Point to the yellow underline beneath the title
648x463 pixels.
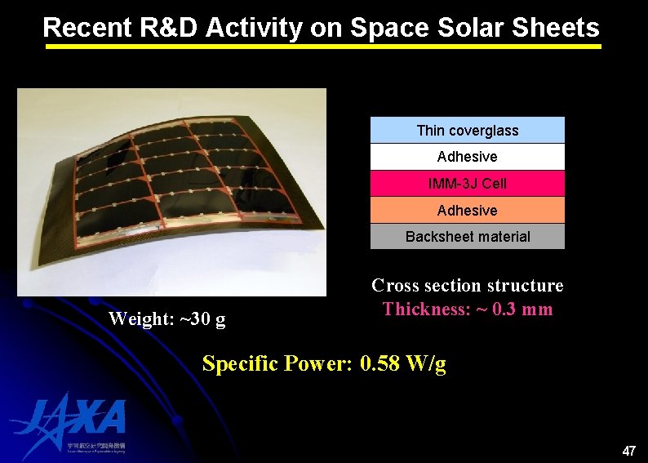pyautogui.click(x=323, y=47)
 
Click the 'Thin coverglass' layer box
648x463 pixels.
pyautogui.click(x=467, y=131)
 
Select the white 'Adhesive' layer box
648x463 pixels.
pyautogui.click(x=467, y=157)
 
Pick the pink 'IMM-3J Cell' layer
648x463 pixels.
pyautogui.click(x=467, y=184)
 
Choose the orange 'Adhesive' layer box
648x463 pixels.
pyautogui.click(x=467, y=211)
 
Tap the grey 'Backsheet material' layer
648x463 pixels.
pyautogui.click(x=467, y=237)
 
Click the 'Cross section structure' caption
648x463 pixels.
pyautogui.click(x=467, y=286)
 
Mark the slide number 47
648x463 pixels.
pyautogui.click(x=628, y=451)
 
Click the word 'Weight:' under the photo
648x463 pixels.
pyautogui.click(x=138, y=319)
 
